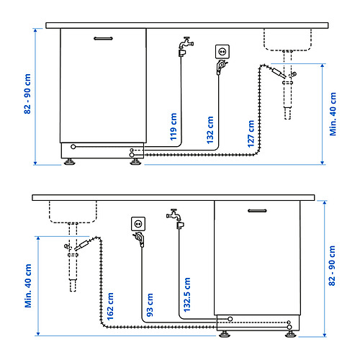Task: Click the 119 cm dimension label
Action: click(174, 127)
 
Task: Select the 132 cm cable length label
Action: click(210, 130)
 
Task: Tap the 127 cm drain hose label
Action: click(251, 134)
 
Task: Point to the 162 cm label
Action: click(110, 307)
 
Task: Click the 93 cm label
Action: click(150, 305)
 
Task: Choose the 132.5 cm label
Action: click(186, 294)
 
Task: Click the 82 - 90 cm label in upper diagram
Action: click(27, 94)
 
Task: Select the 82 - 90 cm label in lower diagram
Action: click(332, 266)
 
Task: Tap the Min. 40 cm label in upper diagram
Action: click(333, 114)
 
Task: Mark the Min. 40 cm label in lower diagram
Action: click(28, 286)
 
